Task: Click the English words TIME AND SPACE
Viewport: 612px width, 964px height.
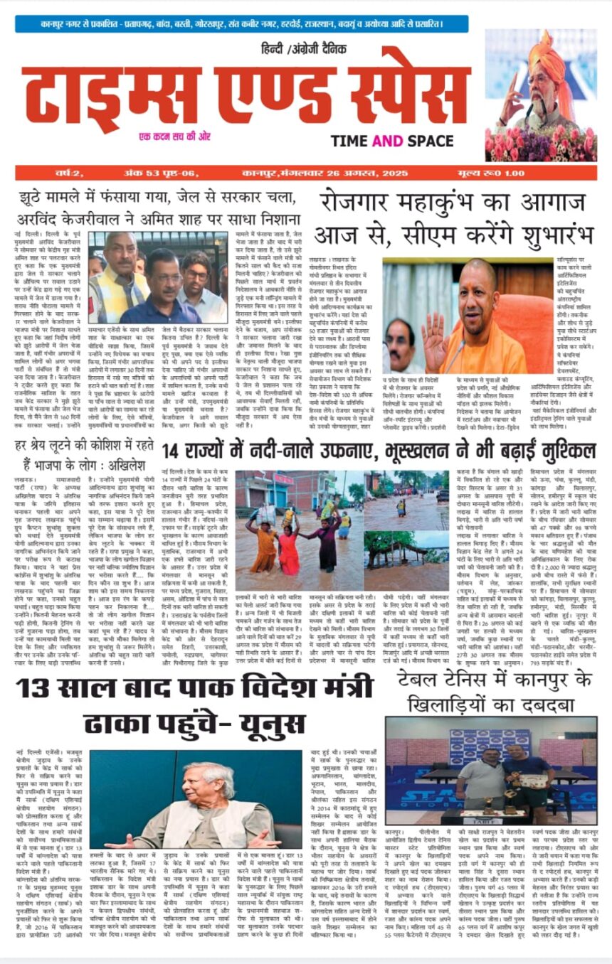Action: coord(397,141)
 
